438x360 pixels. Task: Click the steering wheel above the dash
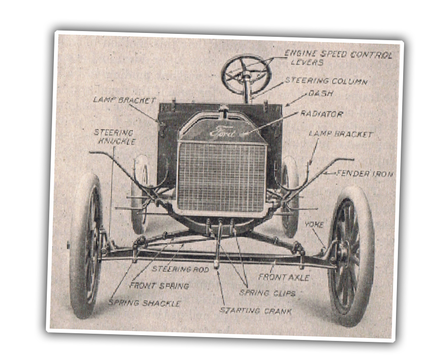[246, 74]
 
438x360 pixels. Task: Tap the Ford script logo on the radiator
[223, 132]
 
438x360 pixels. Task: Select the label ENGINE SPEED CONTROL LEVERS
[338, 58]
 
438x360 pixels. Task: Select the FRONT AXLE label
[284, 277]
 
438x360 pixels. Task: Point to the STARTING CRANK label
[256, 310]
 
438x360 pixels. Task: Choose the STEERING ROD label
[180, 269]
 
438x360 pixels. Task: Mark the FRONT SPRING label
[159, 285]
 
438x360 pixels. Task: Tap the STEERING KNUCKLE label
[114, 137]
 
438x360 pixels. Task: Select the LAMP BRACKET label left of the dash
[124, 100]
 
